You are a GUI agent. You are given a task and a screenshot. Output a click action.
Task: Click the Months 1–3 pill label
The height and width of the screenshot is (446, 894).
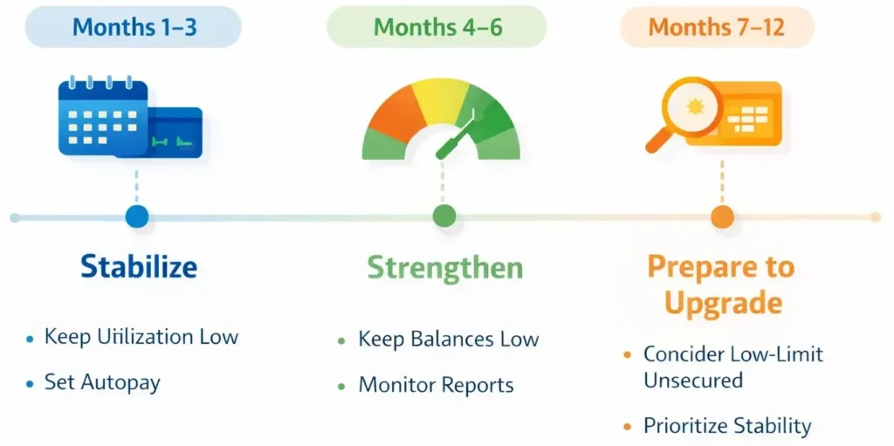133,27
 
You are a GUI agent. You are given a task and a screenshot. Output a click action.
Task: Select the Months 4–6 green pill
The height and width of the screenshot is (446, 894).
437,27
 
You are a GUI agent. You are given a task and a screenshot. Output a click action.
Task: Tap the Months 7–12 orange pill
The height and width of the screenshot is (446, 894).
717,27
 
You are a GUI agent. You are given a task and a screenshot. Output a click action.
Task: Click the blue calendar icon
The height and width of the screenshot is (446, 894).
103,116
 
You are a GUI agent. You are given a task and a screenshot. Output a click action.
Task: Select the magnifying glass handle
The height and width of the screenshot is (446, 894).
657,141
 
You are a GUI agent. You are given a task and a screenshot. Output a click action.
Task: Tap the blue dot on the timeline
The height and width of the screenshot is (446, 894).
137,216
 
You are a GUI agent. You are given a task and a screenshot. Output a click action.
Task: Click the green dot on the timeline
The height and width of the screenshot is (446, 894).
444,216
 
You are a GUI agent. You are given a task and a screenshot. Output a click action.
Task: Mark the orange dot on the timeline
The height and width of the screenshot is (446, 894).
722,216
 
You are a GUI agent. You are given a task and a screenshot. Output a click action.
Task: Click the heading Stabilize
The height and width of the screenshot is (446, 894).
139,266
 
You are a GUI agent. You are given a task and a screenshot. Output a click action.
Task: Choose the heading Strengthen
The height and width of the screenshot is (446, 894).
444,267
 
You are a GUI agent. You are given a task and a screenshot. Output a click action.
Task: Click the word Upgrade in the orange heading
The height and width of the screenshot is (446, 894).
724,304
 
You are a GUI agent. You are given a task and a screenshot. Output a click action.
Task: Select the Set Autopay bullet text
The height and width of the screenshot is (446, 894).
102,382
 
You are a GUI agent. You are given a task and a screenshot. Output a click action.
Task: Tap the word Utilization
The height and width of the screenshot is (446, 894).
146,336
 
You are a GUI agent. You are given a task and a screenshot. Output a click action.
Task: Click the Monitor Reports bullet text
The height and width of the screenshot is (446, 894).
437,386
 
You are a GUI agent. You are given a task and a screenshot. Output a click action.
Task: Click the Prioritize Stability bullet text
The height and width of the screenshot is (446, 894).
727,425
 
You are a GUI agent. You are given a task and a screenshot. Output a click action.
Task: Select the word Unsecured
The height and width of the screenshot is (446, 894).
693,380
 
